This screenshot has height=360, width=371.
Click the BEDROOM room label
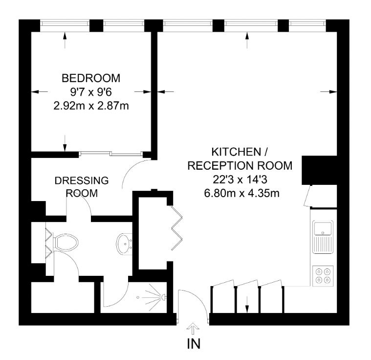click(91, 78)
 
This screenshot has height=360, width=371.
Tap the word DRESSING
click(82, 180)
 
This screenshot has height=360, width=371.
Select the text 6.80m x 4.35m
click(242, 193)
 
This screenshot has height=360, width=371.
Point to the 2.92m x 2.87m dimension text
click(91, 106)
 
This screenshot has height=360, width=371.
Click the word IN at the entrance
click(194, 344)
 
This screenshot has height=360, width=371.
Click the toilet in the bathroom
click(66, 242)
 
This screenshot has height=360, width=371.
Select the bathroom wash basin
click(124, 245)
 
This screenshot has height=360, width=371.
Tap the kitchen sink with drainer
click(323, 237)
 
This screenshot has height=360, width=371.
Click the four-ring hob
click(323, 276)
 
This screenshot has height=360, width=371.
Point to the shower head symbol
click(163, 296)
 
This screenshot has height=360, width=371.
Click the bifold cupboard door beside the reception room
click(176, 228)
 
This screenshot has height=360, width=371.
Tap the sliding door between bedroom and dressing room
click(110, 154)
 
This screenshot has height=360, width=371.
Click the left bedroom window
click(65, 23)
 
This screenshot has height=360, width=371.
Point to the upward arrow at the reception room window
click(247, 40)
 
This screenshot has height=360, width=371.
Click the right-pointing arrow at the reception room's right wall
click(328, 91)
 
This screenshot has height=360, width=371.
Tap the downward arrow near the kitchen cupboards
click(247, 305)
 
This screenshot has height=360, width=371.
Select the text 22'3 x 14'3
click(240, 180)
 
